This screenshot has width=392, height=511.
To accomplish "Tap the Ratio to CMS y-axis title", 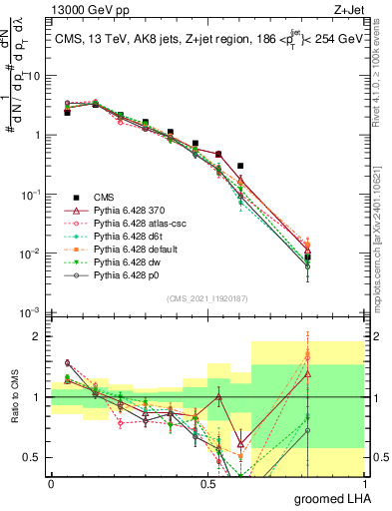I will pyautogui.click(x=15, y=409).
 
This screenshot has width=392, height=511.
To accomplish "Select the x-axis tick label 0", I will pyautogui.click(x=51, y=483).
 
